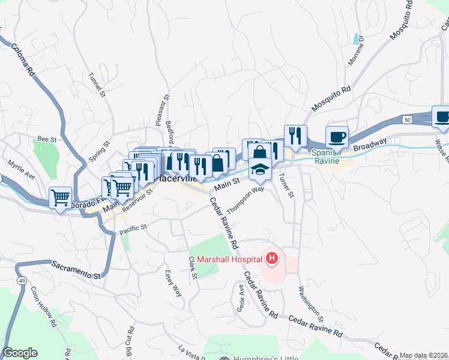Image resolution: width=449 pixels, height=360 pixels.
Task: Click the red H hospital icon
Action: (272, 259)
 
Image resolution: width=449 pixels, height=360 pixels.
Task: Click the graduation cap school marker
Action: (260, 170)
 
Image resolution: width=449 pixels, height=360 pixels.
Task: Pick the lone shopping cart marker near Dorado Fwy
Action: (60, 197)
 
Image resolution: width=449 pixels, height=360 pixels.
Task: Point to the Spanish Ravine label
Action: (327, 157)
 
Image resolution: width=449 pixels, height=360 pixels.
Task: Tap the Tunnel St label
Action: (97, 85)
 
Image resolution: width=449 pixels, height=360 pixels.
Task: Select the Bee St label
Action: (47, 139)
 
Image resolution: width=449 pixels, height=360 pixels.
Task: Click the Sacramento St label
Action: (76, 269)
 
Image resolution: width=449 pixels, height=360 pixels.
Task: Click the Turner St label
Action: (288, 185)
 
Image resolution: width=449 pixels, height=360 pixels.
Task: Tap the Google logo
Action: (20, 353)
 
